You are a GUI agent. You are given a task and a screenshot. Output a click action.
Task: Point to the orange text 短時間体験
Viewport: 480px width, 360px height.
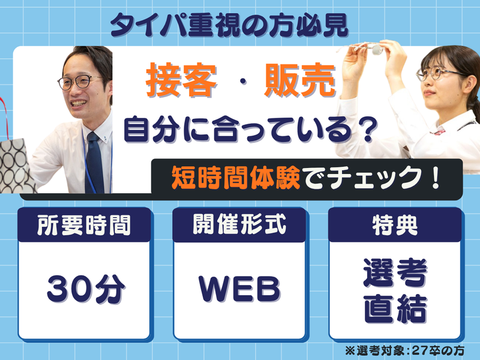(x=236, y=178)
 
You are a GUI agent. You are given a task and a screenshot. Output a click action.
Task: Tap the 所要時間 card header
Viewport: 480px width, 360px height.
(x=83, y=226)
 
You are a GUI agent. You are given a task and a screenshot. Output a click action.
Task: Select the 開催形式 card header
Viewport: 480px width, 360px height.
(x=238, y=226)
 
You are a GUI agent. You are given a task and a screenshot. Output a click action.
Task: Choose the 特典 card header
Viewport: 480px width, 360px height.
(x=395, y=226)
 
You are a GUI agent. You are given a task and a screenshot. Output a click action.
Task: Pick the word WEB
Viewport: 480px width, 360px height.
(x=239, y=289)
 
